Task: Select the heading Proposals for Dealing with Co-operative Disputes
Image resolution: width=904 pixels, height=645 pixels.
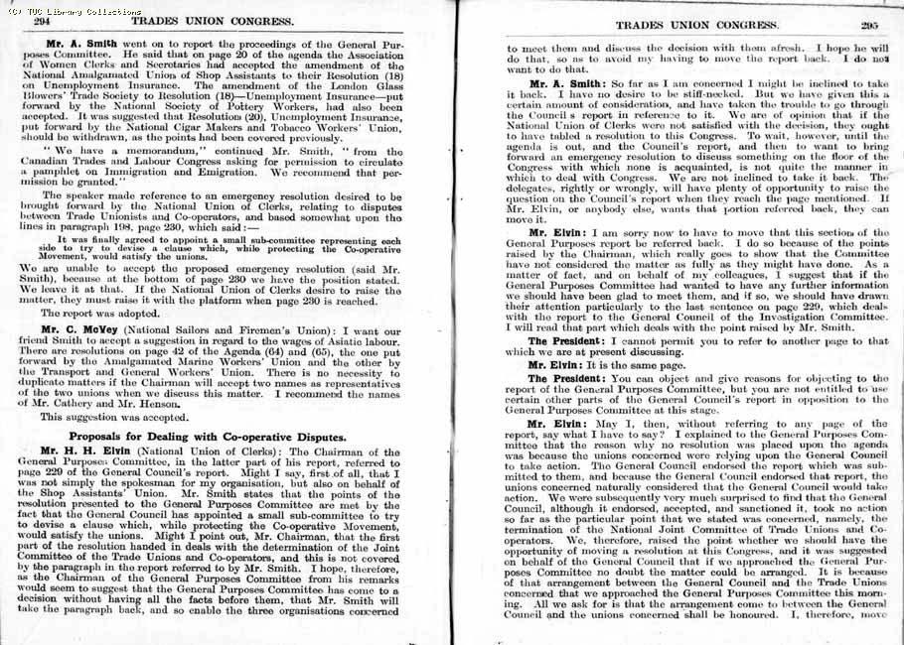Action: tap(207, 437)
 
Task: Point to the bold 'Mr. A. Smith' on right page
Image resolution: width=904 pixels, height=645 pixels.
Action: tap(569, 83)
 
